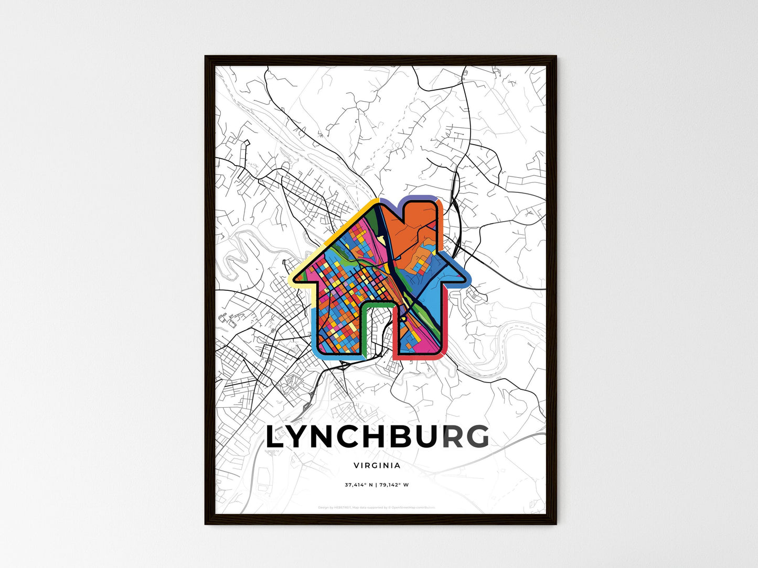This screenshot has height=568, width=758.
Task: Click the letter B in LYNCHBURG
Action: point(399,438)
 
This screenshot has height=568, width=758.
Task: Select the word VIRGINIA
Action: point(377,465)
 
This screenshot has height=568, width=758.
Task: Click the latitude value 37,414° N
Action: point(358,485)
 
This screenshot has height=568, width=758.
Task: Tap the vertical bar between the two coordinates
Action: point(377,485)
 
